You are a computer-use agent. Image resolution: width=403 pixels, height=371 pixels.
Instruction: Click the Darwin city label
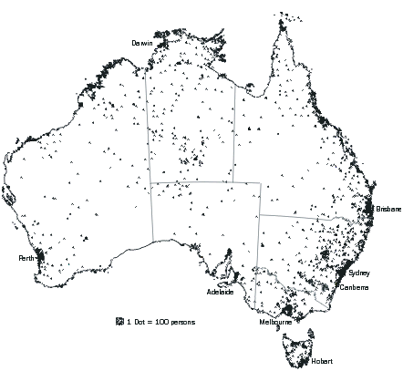[x=141, y=43]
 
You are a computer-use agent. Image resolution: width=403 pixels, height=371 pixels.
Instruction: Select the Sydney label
[x=359, y=273]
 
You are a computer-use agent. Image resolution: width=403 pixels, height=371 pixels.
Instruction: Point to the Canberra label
[x=354, y=287]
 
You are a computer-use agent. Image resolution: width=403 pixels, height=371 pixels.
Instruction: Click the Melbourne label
[x=275, y=322]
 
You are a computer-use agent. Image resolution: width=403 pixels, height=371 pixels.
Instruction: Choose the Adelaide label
[x=221, y=293]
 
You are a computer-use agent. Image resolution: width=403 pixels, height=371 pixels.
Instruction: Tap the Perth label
[x=26, y=259]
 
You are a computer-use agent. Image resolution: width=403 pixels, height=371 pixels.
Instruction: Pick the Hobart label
[x=322, y=362]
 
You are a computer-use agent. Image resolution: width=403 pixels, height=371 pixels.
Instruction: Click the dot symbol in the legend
[x=119, y=322]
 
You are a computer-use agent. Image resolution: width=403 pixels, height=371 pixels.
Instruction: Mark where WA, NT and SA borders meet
[x=151, y=182]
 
